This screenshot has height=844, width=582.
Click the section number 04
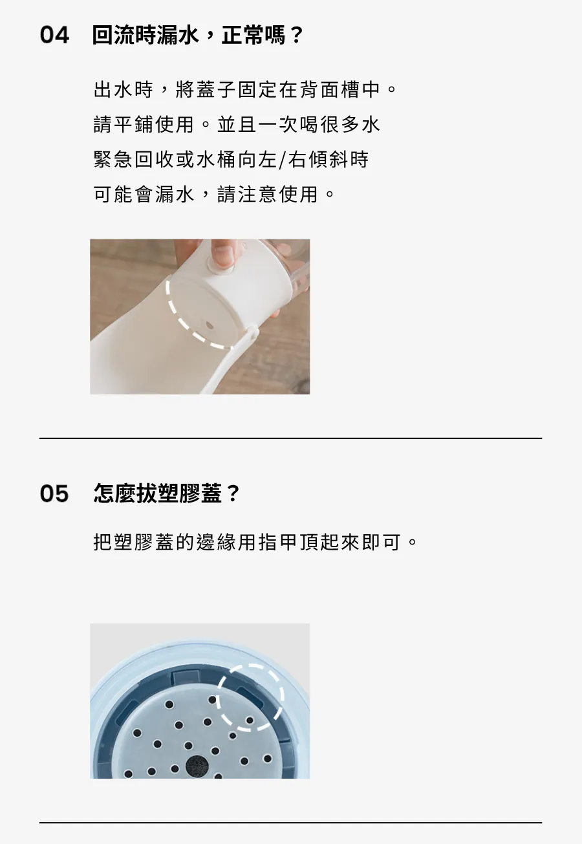(x=54, y=36)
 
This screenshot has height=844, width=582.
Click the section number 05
(x=54, y=493)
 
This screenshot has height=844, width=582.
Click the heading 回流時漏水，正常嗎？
(x=197, y=36)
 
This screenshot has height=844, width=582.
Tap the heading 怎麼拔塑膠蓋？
(x=166, y=493)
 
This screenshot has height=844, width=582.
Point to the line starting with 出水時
(x=245, y=90)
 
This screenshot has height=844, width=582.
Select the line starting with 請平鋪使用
(x=237, y=124)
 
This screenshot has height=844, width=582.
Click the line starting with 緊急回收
(x=231, y=159)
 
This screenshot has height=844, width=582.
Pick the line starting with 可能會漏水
(x=213, y=195)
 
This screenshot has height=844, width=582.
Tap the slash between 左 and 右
(x=283, y=160)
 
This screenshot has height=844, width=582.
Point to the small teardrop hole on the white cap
(x=208, y=324)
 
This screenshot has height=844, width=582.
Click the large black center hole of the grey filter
(x=197, y=767)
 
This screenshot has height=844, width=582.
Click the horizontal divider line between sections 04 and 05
(x=290, y=438)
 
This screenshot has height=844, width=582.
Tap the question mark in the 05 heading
(x=233, y=493)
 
